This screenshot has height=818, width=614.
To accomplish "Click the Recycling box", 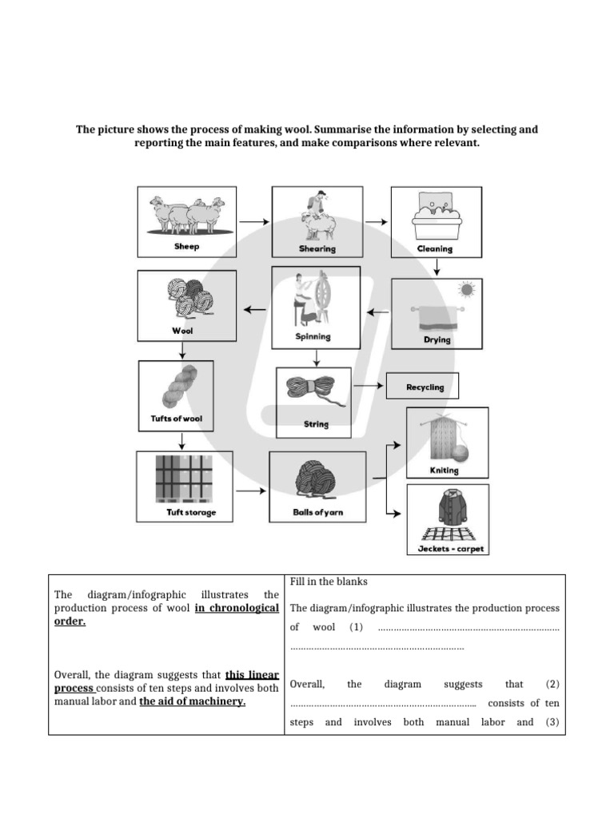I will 425,387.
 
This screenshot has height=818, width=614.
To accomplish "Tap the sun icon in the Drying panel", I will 466,288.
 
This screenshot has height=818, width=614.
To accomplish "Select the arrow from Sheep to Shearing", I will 254,221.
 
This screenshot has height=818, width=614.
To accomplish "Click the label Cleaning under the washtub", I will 435,248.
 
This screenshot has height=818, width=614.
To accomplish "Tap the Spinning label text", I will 313,336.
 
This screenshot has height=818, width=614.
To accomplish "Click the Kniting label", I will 445,471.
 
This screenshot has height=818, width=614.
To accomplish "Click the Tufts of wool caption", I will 181,418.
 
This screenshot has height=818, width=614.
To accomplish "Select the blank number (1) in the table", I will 356,628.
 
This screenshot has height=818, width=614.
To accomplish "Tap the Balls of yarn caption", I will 317,512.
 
